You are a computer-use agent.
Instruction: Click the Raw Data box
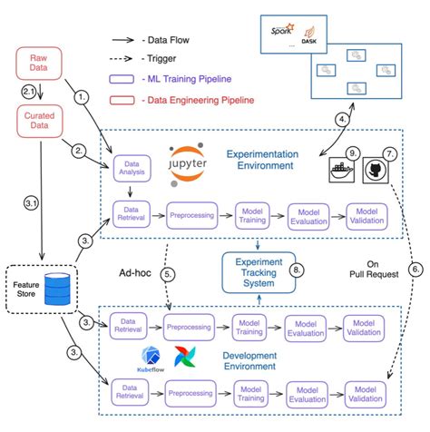39,64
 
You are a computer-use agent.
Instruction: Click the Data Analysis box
132,167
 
